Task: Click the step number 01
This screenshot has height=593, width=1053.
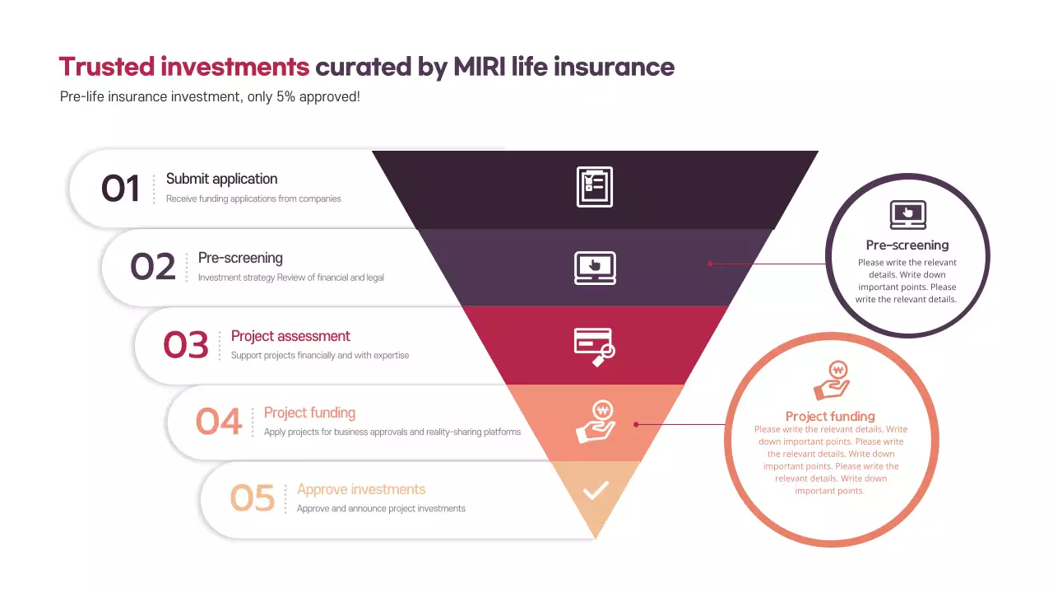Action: pyautogui.click(x=121, y=189)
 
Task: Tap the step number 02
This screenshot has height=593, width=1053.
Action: pyautogui.click(x=153, y=267)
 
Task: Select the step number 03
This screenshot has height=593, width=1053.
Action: pyautogui.click(x=186, y=344)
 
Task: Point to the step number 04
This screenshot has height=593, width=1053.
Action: pyautogui.click(x=219, y=422)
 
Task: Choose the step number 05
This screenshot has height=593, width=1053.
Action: pyautogui.click(x=252, y=498)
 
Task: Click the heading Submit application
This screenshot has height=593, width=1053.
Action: pyautogui.click(x=221, y=179)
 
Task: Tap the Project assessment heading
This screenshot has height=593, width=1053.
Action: pyautogui.click(x=290, y=336)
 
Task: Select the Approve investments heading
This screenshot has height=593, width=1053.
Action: pyautogui.click(x=361, y=489)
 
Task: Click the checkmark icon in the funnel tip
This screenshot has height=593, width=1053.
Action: pyautogui.click(x=596, y=491)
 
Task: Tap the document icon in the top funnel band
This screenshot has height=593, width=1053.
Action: pyautogui.click(x=595, y=187)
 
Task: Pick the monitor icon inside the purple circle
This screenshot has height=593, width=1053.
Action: pyautogui.click(x=908, y=214)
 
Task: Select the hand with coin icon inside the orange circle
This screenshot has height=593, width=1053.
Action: pyautogui.click(x=831, y=381)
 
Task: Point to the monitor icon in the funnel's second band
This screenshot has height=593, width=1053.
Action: pyautogui.click(x=595, y=267)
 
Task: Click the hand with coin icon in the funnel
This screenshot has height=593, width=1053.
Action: pyautogui.click(x=595, y=423)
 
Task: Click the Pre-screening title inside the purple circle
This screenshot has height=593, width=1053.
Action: pyautogui.click(x=907, y=245)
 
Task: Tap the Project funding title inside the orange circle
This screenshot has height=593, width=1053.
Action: pyautogui.click(x=830, y=416)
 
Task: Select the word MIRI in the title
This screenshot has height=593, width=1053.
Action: pyautogui.click(x=480, y=67)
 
